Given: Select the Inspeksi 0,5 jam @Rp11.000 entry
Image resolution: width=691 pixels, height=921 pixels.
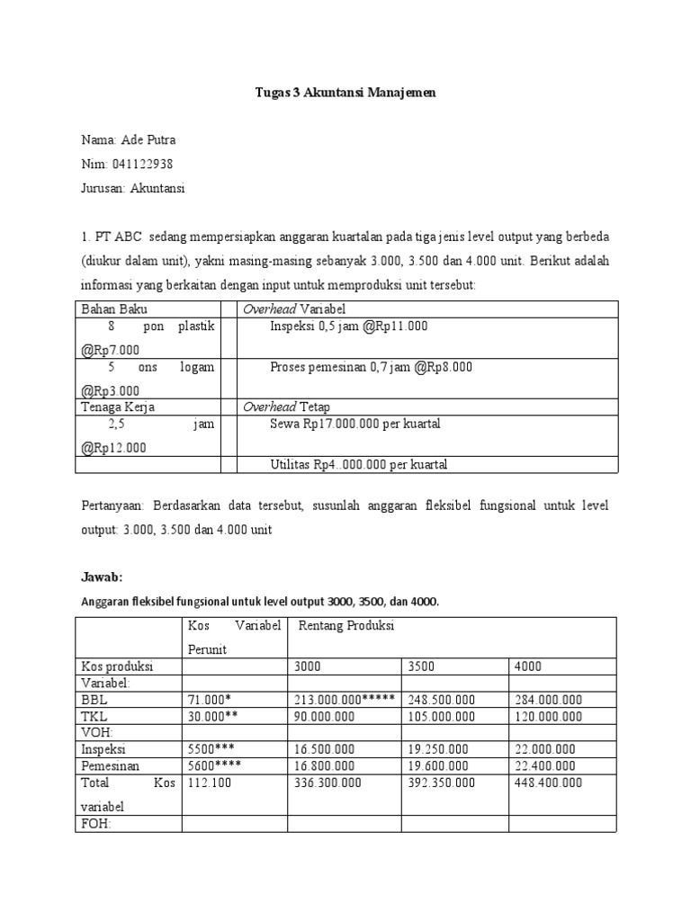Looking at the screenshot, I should click(x=348, y=326).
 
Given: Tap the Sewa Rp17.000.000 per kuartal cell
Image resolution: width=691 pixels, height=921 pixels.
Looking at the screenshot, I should click(x=354, y=424).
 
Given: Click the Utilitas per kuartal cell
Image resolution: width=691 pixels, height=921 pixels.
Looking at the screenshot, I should click(x=358, y=464).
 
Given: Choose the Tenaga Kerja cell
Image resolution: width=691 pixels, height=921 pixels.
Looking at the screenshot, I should click(x=118, y=407).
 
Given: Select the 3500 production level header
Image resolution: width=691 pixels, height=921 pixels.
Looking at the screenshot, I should click(x=423, y=666).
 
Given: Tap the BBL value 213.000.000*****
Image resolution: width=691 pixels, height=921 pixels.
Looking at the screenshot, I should click(x=344, y=699).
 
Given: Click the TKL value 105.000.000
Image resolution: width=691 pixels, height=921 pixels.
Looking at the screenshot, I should click(x=442, y=716).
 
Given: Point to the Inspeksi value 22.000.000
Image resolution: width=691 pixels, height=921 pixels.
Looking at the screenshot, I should click(x=547, y=748).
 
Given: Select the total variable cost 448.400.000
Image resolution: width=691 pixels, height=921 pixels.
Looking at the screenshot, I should click(x=548, y=782).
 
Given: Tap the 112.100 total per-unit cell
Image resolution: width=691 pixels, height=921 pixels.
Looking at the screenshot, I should click(x=208, y=782).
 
